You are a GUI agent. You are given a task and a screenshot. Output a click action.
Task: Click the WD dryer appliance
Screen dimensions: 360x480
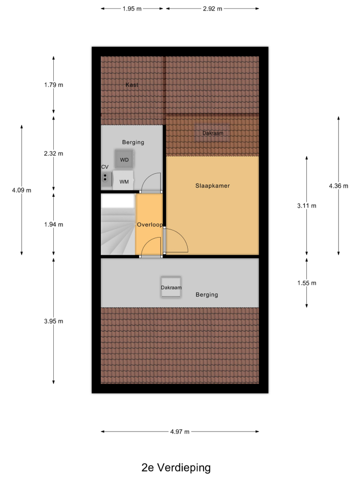point(124,159)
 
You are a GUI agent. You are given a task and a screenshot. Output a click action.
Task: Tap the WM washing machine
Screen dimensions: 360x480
point(123,180)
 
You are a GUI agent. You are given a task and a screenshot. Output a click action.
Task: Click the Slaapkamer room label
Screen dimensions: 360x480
point(213,185)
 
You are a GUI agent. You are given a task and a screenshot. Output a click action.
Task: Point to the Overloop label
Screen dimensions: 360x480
point(150,224)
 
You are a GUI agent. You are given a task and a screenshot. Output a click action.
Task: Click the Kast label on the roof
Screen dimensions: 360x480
point(132,85)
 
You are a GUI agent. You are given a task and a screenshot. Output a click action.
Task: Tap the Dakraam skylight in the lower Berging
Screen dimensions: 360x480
point(171,287)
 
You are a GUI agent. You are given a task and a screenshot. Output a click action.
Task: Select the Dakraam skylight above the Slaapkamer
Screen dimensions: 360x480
point(213,133)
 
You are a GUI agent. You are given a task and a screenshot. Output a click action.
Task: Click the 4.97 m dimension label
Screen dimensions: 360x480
point(180,432)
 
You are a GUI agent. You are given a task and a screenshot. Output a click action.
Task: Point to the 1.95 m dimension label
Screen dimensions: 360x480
point(132,9)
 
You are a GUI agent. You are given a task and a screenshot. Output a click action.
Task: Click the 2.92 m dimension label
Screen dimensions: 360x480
point(213,9)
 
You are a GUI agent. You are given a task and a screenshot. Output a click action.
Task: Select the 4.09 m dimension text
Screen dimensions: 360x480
point(22,190)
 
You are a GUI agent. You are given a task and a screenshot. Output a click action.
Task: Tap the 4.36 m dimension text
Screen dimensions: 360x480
point(338,186)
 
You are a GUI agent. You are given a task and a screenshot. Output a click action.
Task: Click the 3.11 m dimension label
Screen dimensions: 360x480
point(307,206)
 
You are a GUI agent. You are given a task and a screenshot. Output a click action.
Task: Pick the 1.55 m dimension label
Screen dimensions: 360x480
point(307,283)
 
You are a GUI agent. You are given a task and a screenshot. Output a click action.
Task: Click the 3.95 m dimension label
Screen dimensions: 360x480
point(54,321)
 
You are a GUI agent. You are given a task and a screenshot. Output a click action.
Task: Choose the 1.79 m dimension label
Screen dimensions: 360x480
point(54,85)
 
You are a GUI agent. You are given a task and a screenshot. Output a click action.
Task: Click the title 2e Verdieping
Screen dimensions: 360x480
point(176,468)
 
